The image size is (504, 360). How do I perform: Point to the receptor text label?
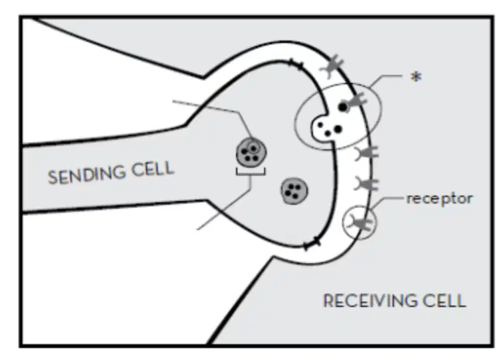pyautogui.click(x=440, y=199)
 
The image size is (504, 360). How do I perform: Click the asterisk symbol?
pyautogui.click(x=416, y=77)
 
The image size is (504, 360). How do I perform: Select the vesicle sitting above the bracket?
pyautogui.click(x=251, y=152)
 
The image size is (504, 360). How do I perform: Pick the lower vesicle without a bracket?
pyautogui.click(x=294, y=191)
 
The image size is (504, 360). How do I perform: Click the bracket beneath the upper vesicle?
pyautogui.click(x=251, y=172)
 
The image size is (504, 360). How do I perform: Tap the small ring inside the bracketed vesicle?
pyautogui.click(x=254, y=149)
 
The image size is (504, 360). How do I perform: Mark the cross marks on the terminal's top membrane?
pyautogui.click(x=296, y=64)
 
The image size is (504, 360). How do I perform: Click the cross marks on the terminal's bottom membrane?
pyautogui.click(x=312, y=244)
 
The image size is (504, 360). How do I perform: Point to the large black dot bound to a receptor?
pyautogui.click(x=343, y=107)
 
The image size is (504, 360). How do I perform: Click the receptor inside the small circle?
pyautogui.click(x=361, y=223)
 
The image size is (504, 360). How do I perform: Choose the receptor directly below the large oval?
pyautogui.click(x=367, y=153)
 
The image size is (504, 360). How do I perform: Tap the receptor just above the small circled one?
pyautogui.click(x=367, y=184)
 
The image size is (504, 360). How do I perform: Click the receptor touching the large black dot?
pyautogui.click(x=357, y=101)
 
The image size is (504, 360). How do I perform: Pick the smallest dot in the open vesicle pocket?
pyautogui.click(x=320, y=125)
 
